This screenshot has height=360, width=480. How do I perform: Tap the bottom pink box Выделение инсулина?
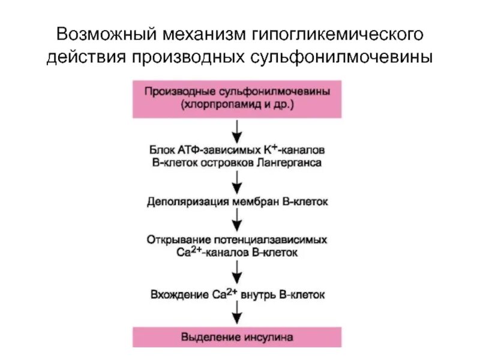point(237,337)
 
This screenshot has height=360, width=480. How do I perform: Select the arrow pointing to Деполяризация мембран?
point(238,179)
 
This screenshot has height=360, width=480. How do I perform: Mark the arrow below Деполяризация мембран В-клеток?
point(238,220)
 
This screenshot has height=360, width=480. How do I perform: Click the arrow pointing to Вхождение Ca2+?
point(238,272)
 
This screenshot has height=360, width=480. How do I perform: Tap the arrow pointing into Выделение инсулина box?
point(238,313)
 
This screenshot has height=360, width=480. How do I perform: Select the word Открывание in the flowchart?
point(174,240)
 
